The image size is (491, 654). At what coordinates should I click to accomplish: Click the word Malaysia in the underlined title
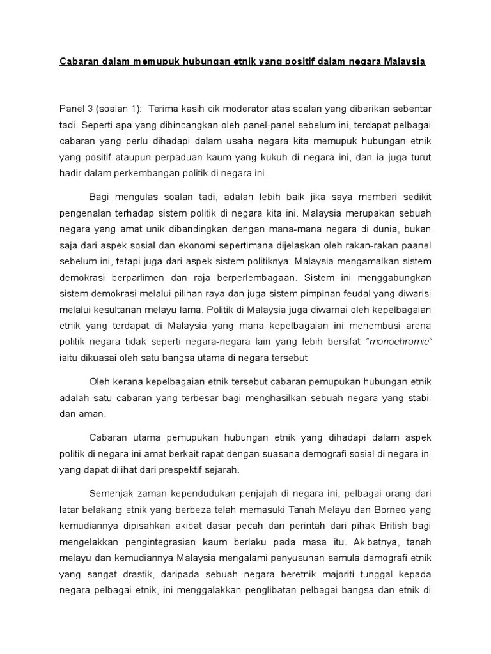[x=405, y=62]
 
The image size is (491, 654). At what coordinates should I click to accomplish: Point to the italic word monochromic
[x=400, y=342]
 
